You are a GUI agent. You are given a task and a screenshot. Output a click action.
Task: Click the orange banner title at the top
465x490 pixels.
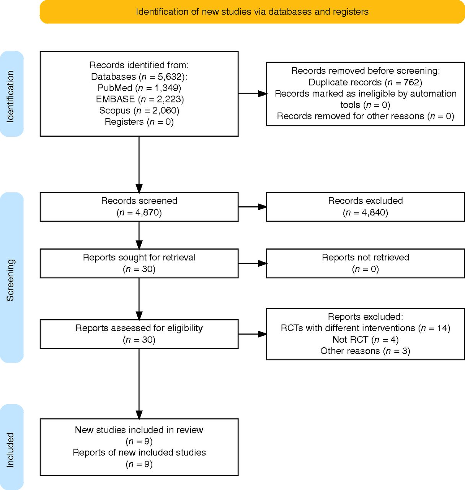(x=252, y=12)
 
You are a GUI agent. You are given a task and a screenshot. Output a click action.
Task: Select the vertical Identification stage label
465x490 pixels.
(x=10, y=96)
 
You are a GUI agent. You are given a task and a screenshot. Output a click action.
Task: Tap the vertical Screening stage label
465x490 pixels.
(x=10, y=280)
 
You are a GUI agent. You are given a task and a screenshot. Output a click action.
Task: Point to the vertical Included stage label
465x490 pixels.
(x=10, y=450)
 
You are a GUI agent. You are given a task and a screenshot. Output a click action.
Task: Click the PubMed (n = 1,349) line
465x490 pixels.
(x=139, y=88)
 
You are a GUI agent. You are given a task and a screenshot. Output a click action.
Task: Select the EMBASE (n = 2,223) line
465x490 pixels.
(x=140, y=99)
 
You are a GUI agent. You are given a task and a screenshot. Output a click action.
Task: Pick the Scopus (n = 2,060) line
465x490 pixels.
(x=139, y=110)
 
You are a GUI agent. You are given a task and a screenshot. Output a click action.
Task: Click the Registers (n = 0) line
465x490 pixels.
(x=139, y=122)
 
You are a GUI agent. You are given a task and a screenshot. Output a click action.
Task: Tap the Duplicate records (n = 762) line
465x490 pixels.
(x=365, y=82)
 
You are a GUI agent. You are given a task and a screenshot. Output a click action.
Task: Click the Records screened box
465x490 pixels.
(x=139, y=207)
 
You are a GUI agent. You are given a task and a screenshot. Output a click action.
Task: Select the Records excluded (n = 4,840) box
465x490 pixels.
(x=365, y=207)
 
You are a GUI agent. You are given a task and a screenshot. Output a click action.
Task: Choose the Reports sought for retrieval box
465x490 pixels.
(x=139, y=263)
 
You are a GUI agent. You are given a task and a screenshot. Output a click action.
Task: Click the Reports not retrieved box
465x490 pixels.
(x=365, y=263)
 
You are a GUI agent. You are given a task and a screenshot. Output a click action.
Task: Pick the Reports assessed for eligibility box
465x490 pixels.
(x=139, y=334)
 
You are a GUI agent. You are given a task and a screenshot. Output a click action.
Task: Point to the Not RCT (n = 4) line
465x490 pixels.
(x=365, y=340)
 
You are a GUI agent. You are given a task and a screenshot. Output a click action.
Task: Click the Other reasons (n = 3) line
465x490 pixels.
(x=365, y=351)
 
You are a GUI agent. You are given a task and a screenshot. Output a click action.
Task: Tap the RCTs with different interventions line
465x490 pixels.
(x=365, y=328)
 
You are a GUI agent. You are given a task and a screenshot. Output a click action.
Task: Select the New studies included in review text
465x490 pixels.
(x=139, y=430)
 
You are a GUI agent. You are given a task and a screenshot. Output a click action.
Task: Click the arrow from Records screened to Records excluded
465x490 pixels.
(x=253, y=207)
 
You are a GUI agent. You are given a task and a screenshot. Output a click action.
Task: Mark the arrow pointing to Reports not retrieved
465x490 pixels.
(x=253, y=263)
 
